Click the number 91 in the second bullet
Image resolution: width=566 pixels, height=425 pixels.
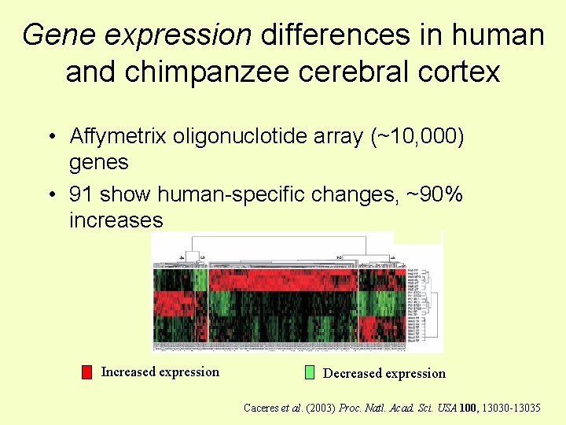click(x=81, y=194)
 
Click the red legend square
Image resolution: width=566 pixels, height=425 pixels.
click(x=87, y=372)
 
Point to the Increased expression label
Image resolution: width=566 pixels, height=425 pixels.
click(x=160, y=372)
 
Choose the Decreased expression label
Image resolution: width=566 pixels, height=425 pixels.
click(x=384, y=374)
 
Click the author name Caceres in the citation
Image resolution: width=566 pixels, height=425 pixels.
click(x=261, y=408)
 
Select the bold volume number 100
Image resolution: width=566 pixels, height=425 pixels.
click(x=468, y=408)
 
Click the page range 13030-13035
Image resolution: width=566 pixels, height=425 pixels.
click(x=511, y=408)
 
